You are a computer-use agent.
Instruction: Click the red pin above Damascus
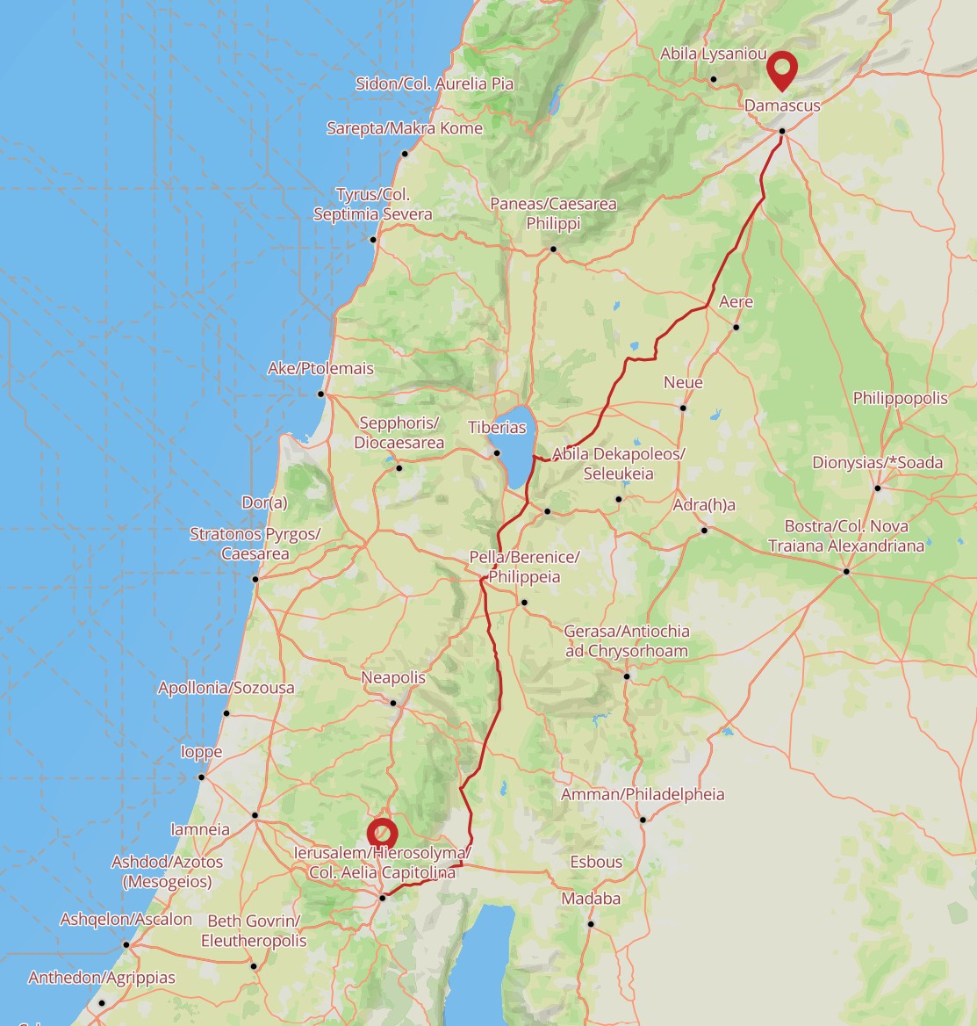click(780, 69)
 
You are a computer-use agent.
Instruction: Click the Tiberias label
click(497, 428)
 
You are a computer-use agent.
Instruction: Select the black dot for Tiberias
click(497, 453)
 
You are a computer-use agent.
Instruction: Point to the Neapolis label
click(393, 678)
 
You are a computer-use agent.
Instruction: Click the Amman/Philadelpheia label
click(643, 795)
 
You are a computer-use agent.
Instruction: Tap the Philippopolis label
click(900, 399)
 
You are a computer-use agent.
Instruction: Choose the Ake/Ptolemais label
click(320, 369)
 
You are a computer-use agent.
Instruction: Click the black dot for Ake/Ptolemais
click(321, 394)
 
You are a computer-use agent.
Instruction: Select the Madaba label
click(591, 899)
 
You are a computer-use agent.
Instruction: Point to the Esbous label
click(596, 863)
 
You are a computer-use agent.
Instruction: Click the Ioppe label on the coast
click(201, 753)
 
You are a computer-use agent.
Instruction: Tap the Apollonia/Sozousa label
click(226, 688)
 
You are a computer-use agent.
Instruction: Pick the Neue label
click(683, 383)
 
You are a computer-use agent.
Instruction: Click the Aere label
click(736, 302)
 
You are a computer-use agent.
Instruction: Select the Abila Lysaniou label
click(714, 54)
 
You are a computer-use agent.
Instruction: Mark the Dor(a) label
click(264, 503)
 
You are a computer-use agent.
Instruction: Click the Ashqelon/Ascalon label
click(126, 920)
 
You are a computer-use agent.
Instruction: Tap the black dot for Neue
click(683, 408)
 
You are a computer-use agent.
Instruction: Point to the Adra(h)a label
click(704, 506)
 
